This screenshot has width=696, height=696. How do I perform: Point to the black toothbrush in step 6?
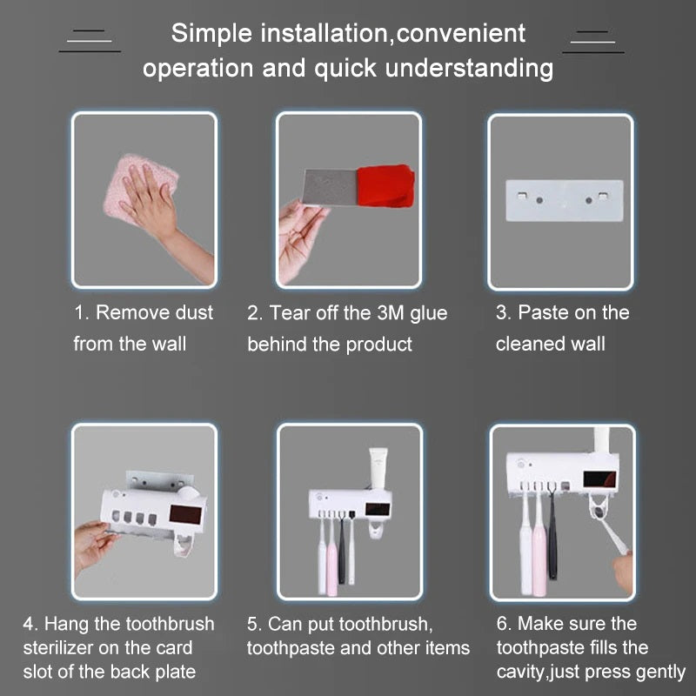pyautogui.click(x=552, y=531)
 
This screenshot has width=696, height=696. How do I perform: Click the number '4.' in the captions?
pyautogui.click(x=30, y=624)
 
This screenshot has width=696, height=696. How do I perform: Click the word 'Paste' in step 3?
pyautogui.click(x=544, y=312)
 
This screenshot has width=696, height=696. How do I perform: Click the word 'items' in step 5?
pyautogui.click(x=446, y=648)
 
